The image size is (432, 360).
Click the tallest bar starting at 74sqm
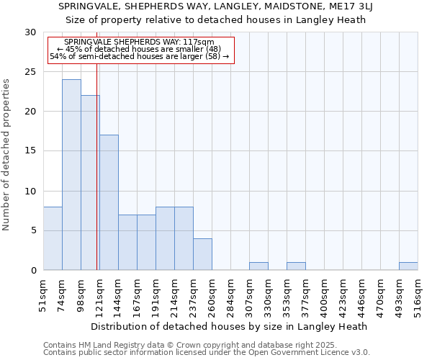[x=71, y=175]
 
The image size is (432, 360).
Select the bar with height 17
[x=109, y=202]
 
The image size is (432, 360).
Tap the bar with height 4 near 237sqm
[x=202, y=254]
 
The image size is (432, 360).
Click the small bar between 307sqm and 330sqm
[x=258, y=266]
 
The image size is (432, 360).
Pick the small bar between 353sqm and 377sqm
[x=296, y=266]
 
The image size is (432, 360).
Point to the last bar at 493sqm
[x=408, y=266]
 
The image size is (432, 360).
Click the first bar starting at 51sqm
[x=53, y=238]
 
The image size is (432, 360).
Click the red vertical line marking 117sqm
[x=96, y=180]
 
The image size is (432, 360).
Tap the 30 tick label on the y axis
[x=30, y=32]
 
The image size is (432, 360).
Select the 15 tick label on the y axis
[x=30, y=151]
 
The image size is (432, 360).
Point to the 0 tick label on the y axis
[x=33, y=270]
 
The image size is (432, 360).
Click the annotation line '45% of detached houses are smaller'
[x=139, y=49]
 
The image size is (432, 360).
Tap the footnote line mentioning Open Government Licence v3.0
[x=207, y=353]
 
